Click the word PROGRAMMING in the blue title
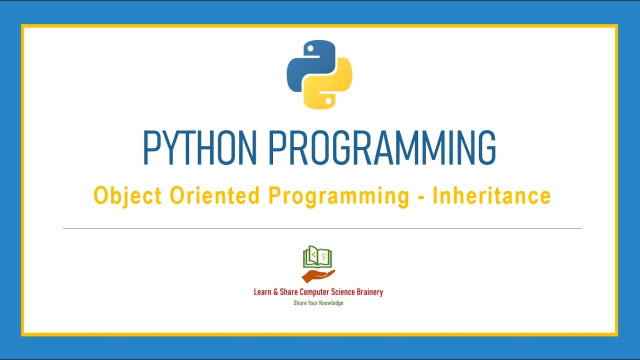[x=382, y=148]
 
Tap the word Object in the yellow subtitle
[x=127, y=196]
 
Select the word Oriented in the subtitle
[x=215, y=195]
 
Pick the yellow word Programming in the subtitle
[x=339, y=196]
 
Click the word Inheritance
[x=491, y=195]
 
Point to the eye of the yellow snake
[x=328, y=100]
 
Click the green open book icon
[x=318, y=257]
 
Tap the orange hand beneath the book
[x=318, y=275]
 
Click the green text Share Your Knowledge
[x=318, y=303]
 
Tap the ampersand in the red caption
[x=275, y=292]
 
